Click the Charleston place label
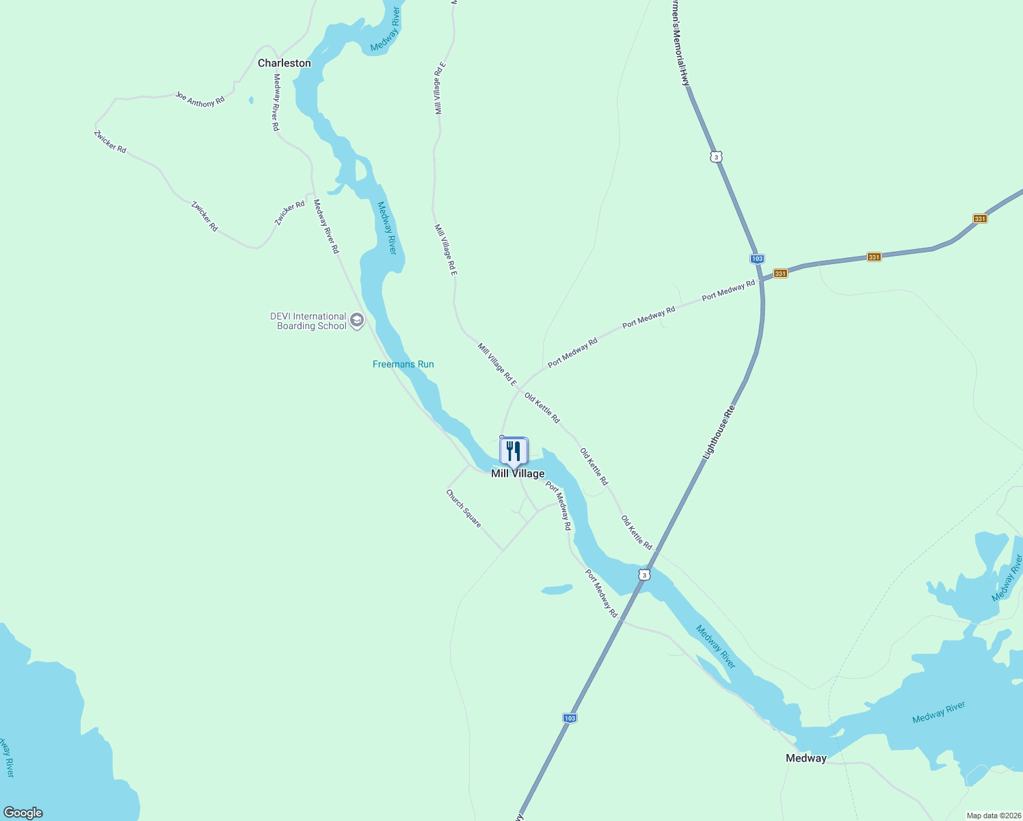[x=284, y=63]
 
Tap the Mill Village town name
[x=518, y=473]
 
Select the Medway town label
[x=806, y=758]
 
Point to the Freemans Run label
[x=403, y=364]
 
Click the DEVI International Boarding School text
[x=309, y=321]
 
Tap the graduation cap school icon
[x=356, y=320]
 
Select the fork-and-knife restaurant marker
[x=514, y=452]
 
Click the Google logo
[x=23, y=813]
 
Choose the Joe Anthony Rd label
[x=200, y=99]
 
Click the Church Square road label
[x=464, y=508]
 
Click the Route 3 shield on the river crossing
[x=644, y=575]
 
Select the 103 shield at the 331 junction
[x=756, y=259]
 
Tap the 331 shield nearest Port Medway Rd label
[x=780, y=274]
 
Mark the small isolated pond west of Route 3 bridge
[x=557, y=589]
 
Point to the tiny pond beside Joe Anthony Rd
[x=251, y=101]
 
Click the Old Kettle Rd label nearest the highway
[x=636, y=532]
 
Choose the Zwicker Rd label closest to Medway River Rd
[x=290, y=213]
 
